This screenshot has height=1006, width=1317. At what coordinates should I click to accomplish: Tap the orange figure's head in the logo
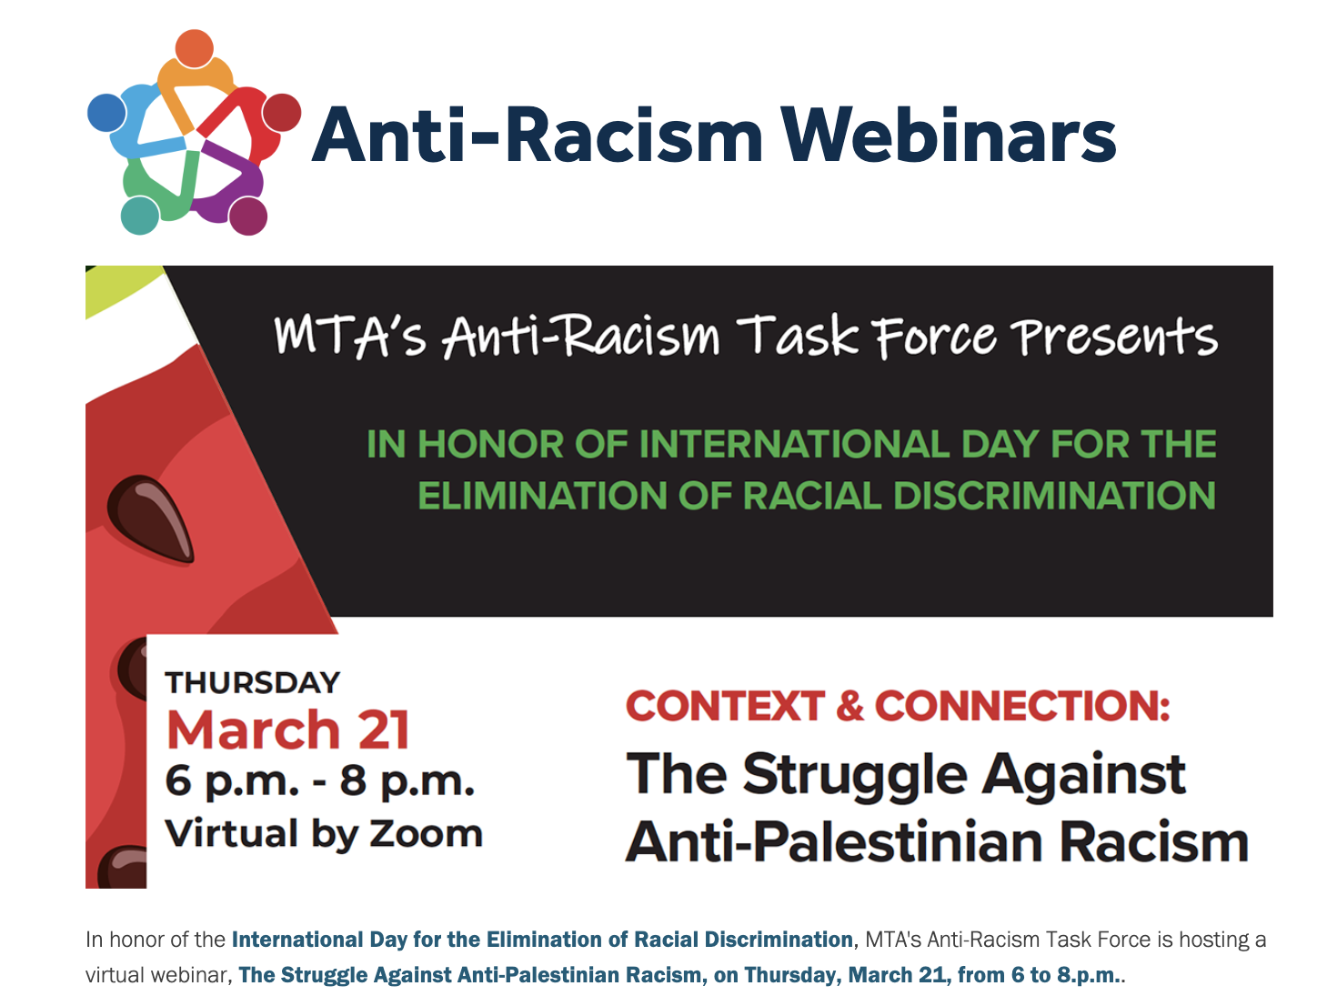[x=194, y=48]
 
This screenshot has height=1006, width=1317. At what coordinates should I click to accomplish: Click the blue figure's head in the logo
[x=106, y=113]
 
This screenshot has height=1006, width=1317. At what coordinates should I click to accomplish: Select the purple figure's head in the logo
[x=247, y=216]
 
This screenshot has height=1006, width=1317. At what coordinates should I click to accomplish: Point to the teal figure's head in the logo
[x=139, y=216]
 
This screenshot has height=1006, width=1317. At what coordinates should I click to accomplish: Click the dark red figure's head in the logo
[x=282, y=112]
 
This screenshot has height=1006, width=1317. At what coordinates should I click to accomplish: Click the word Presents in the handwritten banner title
[x=1116, y=337]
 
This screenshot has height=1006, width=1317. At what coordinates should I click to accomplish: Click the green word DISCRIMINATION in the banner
[x=1054, y=497]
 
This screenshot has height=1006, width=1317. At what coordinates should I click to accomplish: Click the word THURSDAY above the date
[x=252, y=682]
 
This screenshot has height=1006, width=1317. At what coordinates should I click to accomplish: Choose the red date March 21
[x=287, y=729]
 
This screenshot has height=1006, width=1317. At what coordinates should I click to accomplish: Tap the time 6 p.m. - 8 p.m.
[x=319, y=781]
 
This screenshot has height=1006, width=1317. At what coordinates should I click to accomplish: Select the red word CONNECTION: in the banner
[x=1021, y=706]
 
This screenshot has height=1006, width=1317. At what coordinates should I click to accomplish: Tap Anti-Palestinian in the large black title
[x=832, y=841]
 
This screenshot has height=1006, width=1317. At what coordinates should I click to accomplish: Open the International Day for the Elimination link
[x=542, y=940]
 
